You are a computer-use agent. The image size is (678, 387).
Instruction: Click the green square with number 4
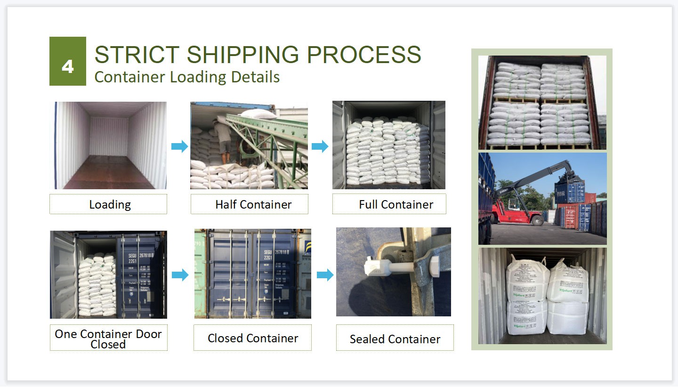(67, 61)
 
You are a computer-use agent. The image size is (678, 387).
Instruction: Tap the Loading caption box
(108, 204)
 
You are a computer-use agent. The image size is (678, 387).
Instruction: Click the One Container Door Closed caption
(108, 338)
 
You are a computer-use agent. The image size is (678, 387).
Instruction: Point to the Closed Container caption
(252, 338)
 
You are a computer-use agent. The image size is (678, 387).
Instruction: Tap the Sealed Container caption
(395, 339)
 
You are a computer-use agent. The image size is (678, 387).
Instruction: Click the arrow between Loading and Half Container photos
(179, 146)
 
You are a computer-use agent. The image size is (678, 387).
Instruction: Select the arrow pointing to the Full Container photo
(320, 146)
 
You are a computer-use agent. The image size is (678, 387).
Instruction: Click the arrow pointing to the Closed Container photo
(180, 275)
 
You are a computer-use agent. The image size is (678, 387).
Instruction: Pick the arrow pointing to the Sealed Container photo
(325, 275)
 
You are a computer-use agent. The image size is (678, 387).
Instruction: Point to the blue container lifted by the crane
(570, 192)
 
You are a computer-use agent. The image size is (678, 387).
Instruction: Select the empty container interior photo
(108, 145)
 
